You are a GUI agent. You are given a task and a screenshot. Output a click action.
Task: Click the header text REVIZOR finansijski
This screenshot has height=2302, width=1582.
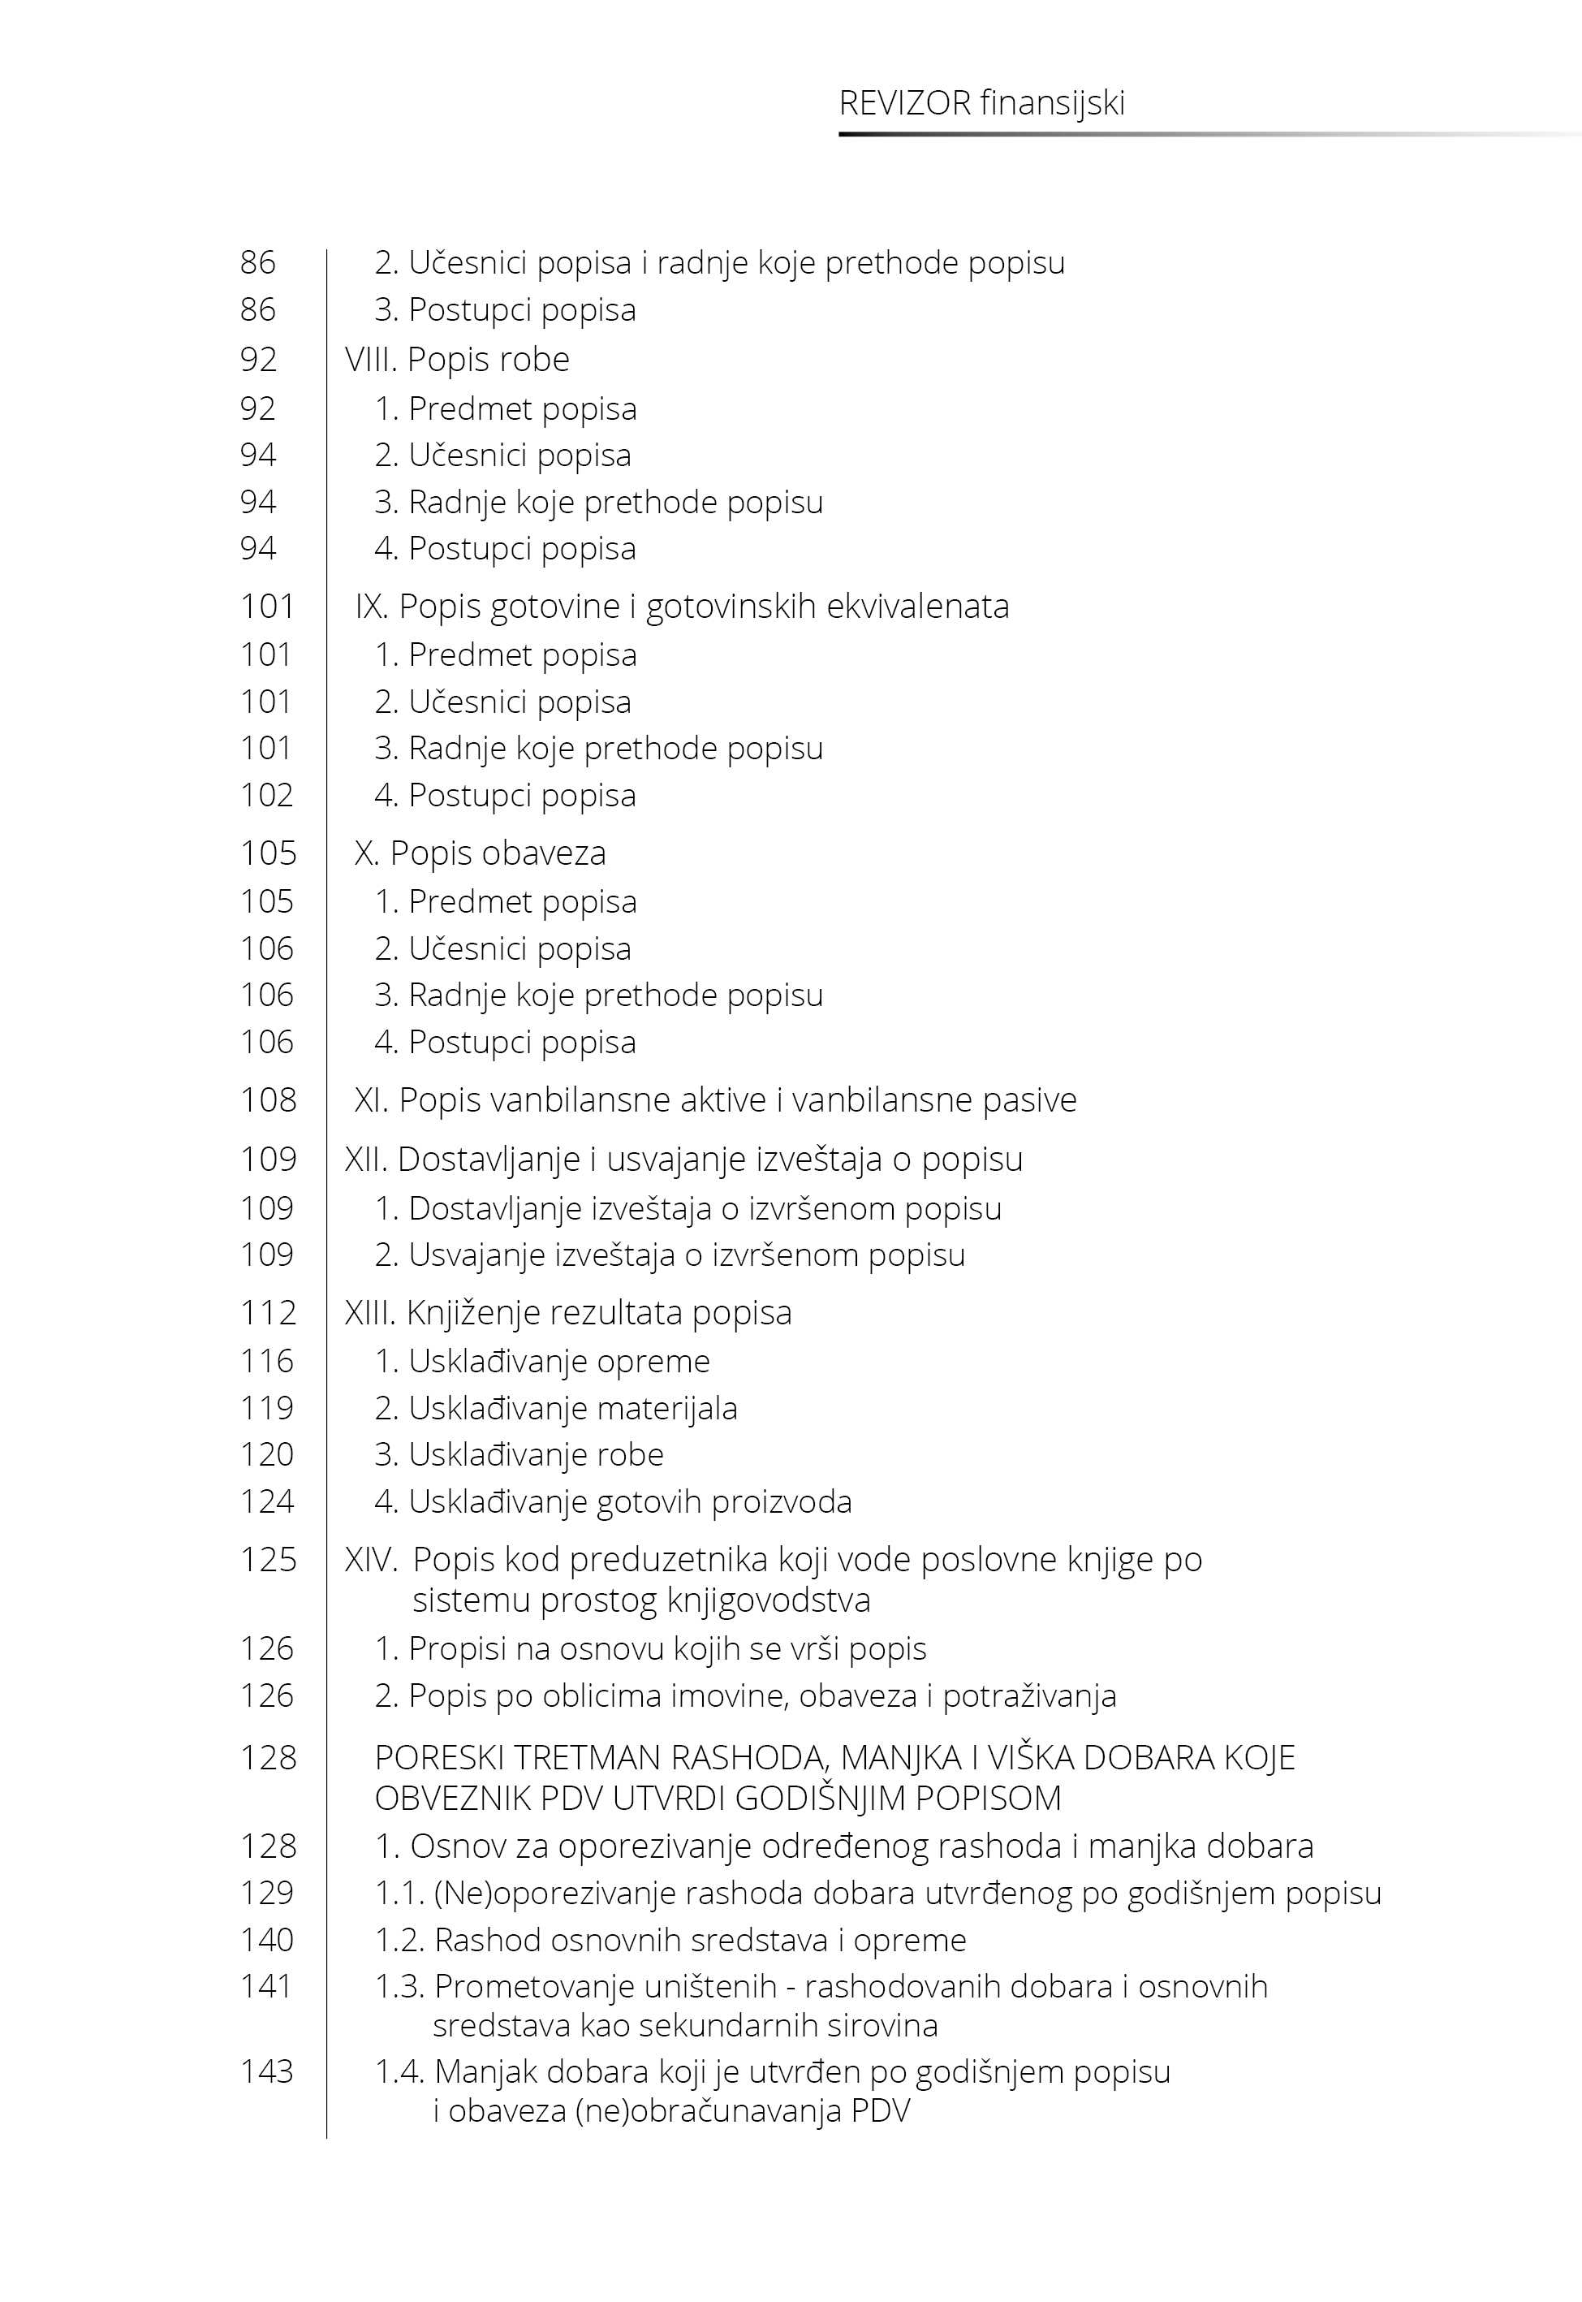pos(981,104)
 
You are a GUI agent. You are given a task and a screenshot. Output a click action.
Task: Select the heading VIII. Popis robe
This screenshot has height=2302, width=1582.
pos(457,359)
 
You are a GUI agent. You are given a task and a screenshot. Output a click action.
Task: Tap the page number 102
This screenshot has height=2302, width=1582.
pos(266,795)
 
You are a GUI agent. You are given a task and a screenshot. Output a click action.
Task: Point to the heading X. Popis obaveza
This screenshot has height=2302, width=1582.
pos(480,853)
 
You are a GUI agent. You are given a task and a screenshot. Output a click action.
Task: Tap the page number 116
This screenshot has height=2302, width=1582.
pos(266,1361)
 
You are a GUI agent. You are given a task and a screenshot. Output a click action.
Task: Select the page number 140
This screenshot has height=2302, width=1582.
pos(266,1939)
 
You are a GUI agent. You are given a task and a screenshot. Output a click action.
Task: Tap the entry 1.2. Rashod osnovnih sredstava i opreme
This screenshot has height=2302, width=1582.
pos(670,1939)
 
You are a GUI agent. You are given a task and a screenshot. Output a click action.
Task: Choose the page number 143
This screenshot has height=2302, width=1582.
pos(266,2072)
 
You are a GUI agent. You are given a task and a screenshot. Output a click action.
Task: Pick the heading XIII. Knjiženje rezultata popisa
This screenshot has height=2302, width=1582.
pos(568,1313)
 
